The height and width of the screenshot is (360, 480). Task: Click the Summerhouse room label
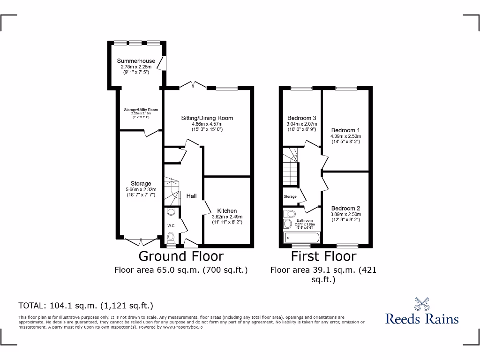pyautogui.click(x=136, y=61)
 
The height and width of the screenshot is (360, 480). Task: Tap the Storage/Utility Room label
pyautogui.click(x=141, y=110)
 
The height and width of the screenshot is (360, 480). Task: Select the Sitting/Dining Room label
pyautogui.click(x=207, y=118)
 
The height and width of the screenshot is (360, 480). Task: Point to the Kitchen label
pyautogui.click(x=227, y=211)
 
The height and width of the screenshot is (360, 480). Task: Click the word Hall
pyautogui.click(x=191, y=196)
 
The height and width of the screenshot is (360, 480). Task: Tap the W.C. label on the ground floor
pyautogui.click(x=171, y=226)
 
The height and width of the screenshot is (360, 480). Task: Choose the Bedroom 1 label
pyautogui.click(x=345, y=130)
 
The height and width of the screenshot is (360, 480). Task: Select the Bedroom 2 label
pyautogui.click(x=345, y=209)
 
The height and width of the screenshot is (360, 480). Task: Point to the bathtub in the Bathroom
pyautogui.click(x=301, y=238)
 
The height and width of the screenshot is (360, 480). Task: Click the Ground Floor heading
pyautogui.click(x=181, y=256)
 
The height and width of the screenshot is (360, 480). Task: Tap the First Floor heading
pyautogui.click(x=323, y=256)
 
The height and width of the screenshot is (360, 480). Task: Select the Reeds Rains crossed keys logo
pyautogui.click(x=422, y=304)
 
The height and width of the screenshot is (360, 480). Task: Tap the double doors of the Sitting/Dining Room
pyautogui.click(x=194, y=85)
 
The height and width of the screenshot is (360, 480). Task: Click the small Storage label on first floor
pyautogui.click(x=290, y=196)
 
